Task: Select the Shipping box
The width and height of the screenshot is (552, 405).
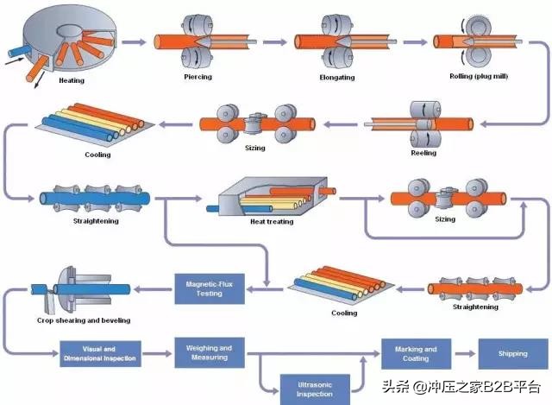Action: tap(512, 353)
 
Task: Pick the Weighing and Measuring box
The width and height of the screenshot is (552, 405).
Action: tap(209, 352)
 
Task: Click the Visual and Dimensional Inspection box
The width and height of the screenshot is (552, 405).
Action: tap(99, 353)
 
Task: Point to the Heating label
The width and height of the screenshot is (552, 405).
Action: tap(72, 80)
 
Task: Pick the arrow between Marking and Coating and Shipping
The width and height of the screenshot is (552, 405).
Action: tap(467, 353)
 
